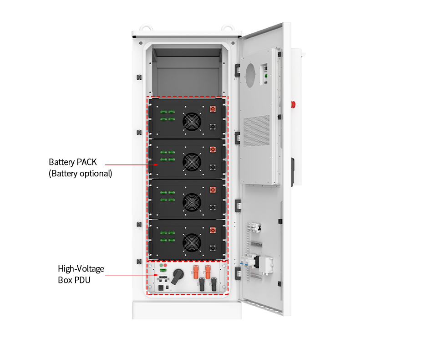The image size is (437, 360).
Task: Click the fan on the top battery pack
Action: pos(191,122)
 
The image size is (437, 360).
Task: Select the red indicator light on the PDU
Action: pos(165,265)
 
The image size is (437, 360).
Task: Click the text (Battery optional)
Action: pos(80,174)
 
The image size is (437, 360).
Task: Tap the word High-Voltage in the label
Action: pos(81,269)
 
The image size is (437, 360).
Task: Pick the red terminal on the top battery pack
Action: pos(212,109)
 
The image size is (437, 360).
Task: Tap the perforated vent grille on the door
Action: pos(256,130)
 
